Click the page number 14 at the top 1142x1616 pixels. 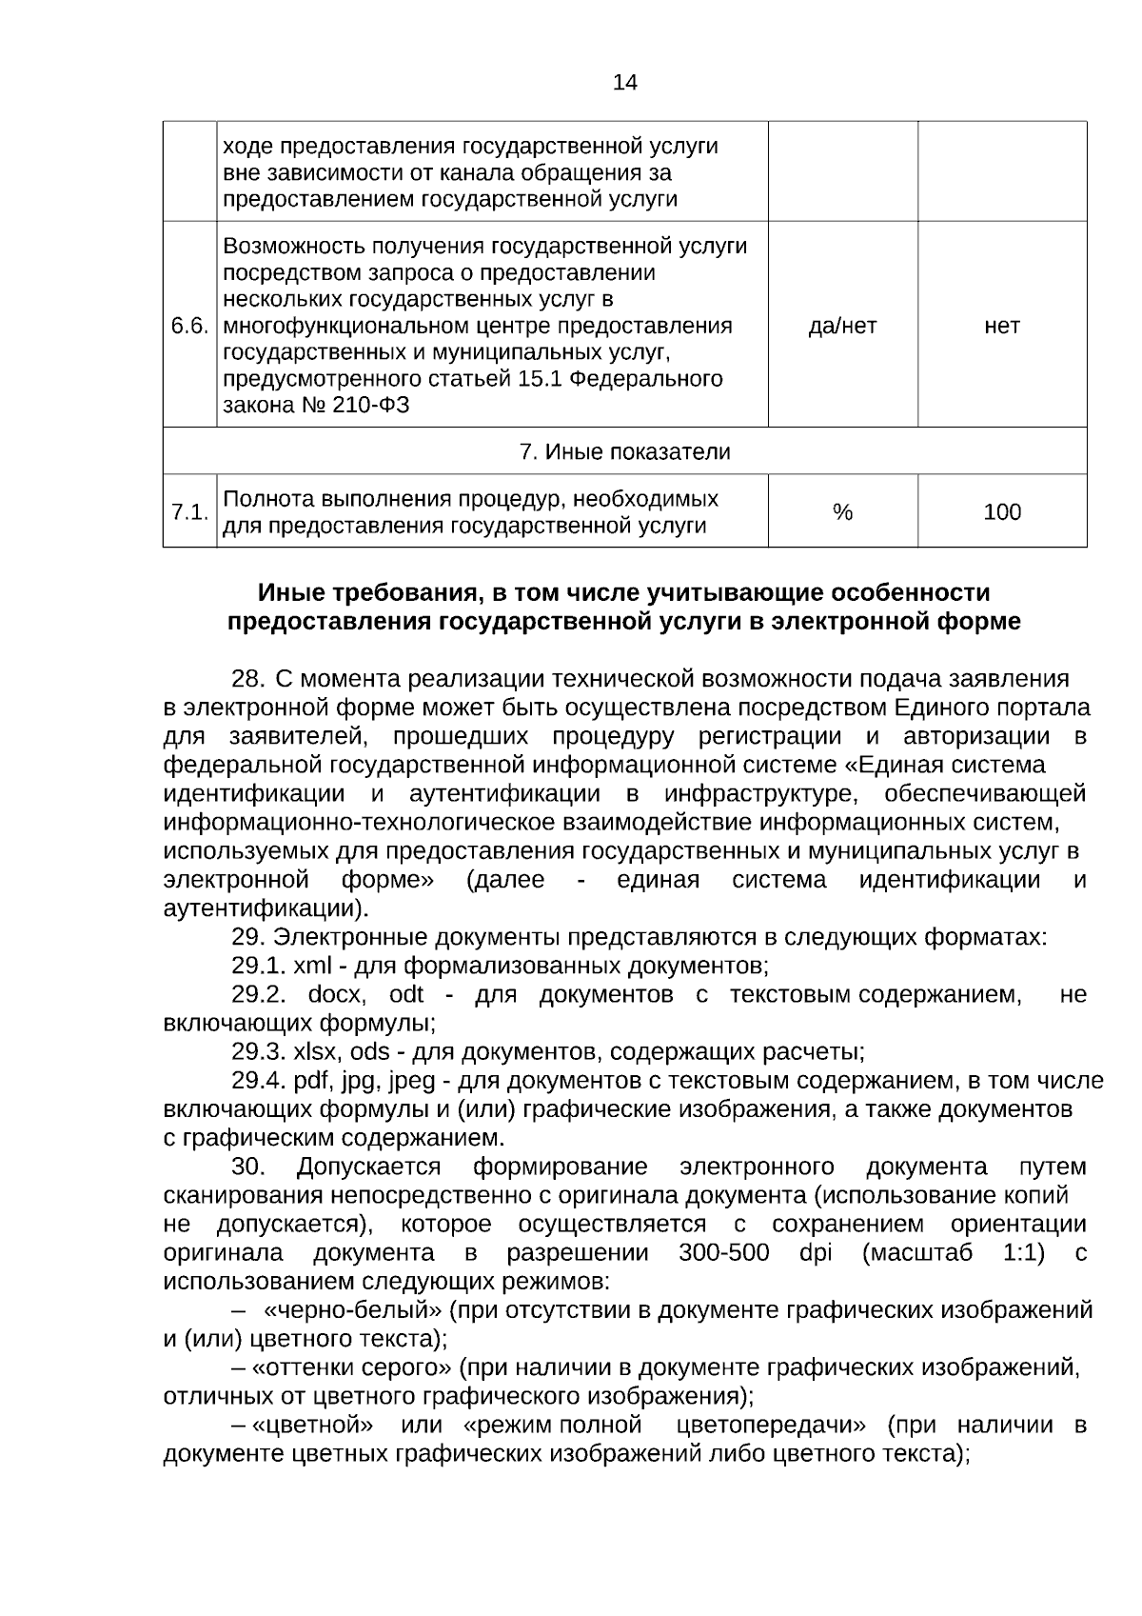coord(625,82)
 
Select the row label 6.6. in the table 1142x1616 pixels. coord(188,326)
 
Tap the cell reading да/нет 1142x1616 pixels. coord(842,326)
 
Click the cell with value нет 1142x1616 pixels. coord(1001,326)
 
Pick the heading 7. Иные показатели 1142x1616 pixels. coord(624,451)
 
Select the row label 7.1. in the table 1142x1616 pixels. coord(188,512)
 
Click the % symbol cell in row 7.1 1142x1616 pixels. coord(842,512)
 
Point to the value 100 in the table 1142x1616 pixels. coord(1001,512)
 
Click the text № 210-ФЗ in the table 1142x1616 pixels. coord(361,406)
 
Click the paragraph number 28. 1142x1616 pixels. coord(246,680)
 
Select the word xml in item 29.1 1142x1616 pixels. coord(313,967)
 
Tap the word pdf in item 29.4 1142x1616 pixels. coord(310,1081)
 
